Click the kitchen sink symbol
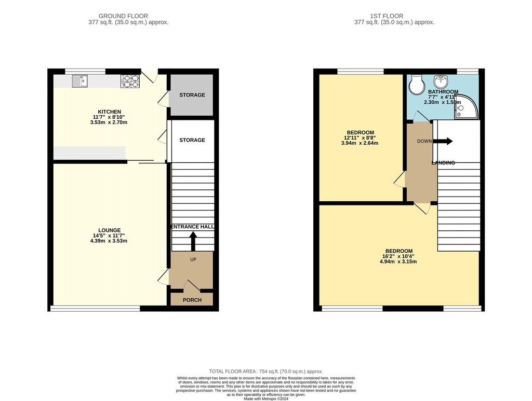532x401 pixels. click(x=79, y=81)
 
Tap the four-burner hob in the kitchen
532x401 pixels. click(x=130, y=81)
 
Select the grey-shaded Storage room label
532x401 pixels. click(x=192, y=95)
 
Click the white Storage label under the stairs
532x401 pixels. click(x=192, y=140)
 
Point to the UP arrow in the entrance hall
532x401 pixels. click(x=193, y=241)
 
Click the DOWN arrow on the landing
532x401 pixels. click(x=443, y=141)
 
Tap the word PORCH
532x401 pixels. click(x=192, y=300)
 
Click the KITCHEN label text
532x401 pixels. click(x=109, y=112)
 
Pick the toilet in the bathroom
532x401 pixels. click(x=416, y=85)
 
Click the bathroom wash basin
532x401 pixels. click(x=441, y=81)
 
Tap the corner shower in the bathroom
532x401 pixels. click(x=467, y=107)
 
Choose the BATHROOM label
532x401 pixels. click(x=443, y=92)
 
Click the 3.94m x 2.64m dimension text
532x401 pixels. click(x=360, y=143)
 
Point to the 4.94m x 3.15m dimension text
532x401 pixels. click(x=398, y=261)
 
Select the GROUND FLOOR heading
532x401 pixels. click(x=123, y=16)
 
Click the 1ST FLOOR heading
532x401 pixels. click(x=387, y=16)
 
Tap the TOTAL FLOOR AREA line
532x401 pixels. click(x=266, y=371)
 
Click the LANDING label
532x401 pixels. click(x=443, y=163)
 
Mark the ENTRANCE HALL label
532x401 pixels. click(x=192, y=227)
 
